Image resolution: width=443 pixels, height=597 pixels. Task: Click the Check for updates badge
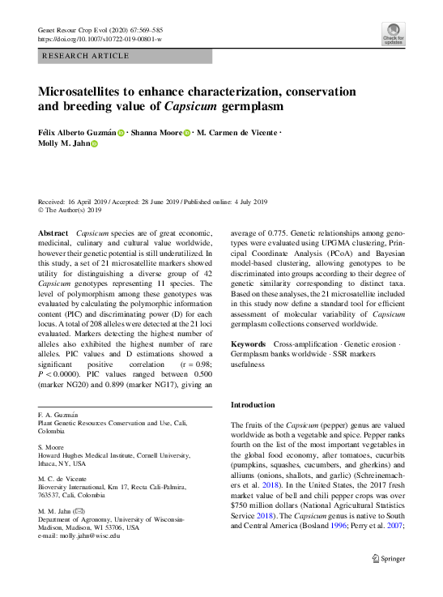tap(394, 33)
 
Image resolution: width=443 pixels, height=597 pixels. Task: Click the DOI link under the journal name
tap(100, 39)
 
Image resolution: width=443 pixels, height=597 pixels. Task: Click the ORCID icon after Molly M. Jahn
tap(93, 143)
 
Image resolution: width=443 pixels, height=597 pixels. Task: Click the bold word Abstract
tap(53, 232)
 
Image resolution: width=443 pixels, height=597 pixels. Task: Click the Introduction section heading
tap(253, 404)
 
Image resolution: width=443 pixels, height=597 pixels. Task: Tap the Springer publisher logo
tap(387, 558)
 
